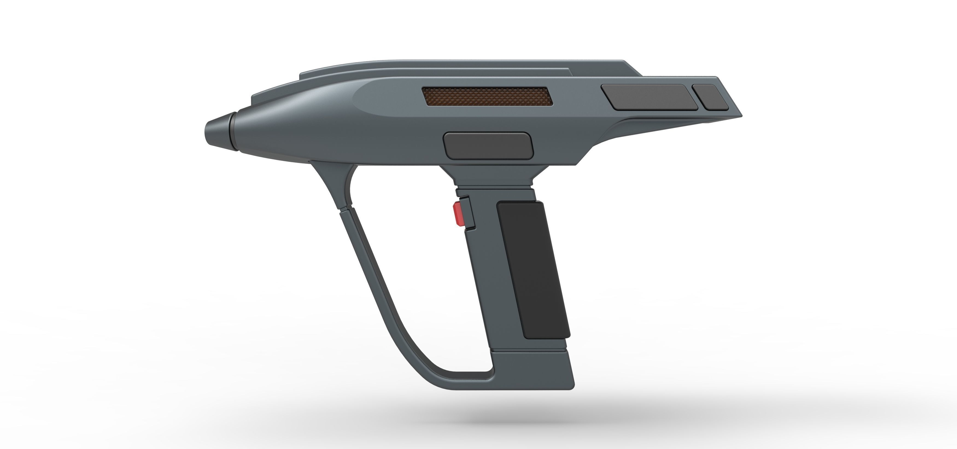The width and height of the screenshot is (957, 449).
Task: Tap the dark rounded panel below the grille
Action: (488, 146)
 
